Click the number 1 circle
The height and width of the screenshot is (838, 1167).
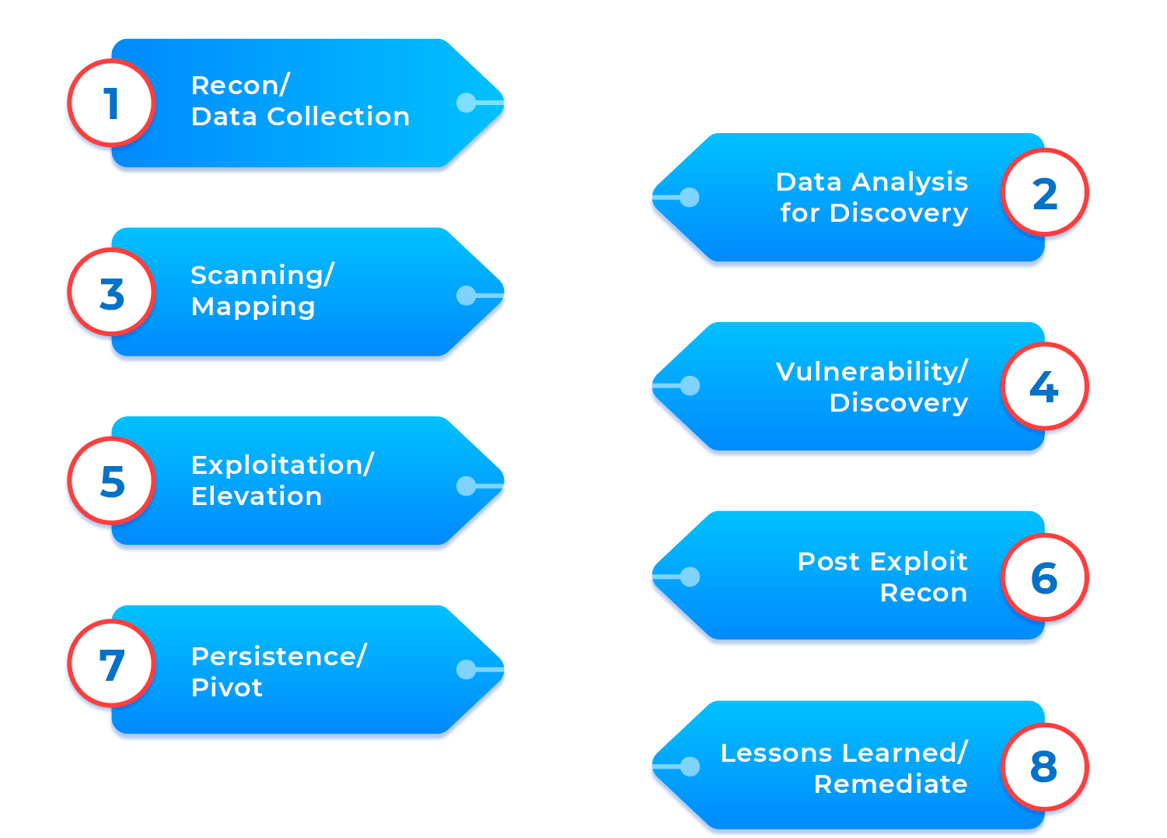click(x=111, y=103)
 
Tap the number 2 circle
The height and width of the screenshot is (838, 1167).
click(x=1045, y=193)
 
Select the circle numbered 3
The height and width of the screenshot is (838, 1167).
click(x=111, y=293)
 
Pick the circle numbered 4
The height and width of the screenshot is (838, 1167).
click(x=1044, y=387)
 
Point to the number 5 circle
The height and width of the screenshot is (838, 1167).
click(x=111, y=481)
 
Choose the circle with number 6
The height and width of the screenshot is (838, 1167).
click(x=1044, y=577)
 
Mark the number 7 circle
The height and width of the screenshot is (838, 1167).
click(x=111, y=664)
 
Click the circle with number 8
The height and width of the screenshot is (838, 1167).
click(x=1044, y=766)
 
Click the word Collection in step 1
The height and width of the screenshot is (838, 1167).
click(x=338, y=117)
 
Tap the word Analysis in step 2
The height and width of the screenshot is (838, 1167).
click(x=910, y=182)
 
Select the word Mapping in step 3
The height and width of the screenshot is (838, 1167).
click(x=253, y=307)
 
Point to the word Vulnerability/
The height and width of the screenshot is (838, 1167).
click(x=872, y=372)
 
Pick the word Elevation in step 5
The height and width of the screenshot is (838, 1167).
click(x=257, y=496)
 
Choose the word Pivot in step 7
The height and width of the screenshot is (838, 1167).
click(x=227, y=688)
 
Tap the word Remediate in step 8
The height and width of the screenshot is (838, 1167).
click(x=891, y=784)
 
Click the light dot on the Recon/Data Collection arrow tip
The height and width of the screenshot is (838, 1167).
click(x=466, y=102)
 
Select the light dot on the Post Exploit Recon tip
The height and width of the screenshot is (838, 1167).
click(x=690, y=577)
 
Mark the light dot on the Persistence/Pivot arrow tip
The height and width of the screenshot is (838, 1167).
click(x=466, y=669)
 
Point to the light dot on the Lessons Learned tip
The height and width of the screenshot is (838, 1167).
click(x=690, y=766)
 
